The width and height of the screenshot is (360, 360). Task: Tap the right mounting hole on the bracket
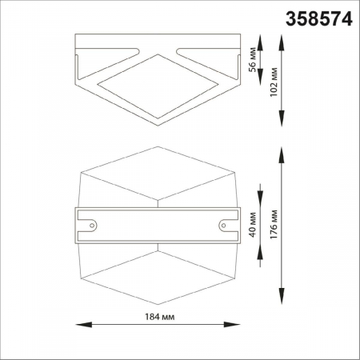pos(223,225)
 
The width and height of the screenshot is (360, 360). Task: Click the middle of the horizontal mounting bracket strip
pos(158,225)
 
